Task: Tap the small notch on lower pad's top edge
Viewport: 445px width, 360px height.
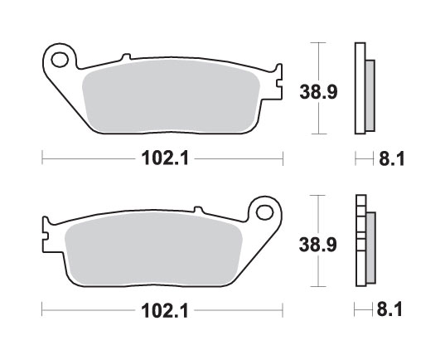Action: click(x=198, y=211)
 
